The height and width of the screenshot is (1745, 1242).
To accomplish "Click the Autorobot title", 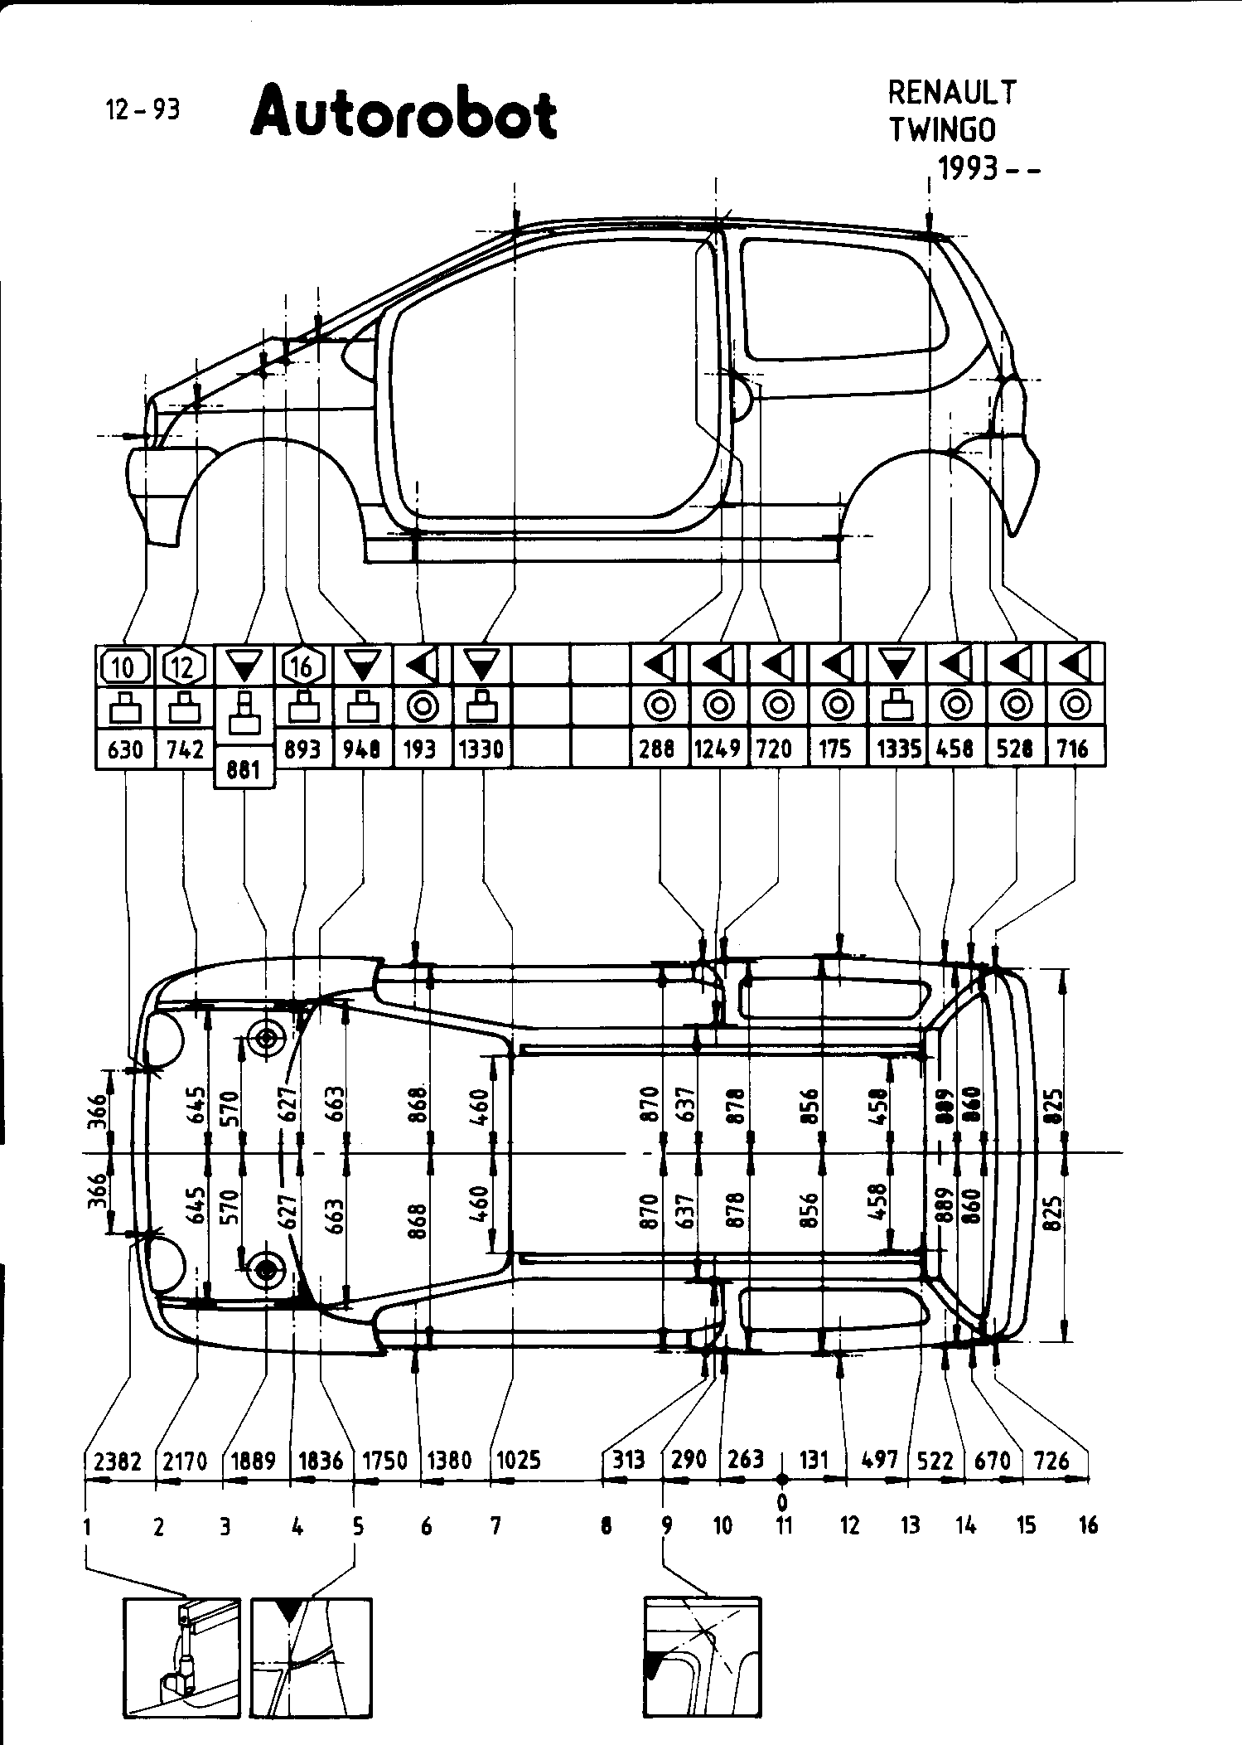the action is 404,114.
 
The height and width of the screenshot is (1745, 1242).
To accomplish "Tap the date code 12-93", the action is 143,109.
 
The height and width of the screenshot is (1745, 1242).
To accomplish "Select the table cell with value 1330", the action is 481,749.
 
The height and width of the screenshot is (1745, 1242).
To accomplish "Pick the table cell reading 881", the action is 243,770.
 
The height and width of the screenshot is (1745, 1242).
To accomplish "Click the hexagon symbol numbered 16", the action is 302,665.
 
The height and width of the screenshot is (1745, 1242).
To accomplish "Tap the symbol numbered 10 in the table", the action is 124,665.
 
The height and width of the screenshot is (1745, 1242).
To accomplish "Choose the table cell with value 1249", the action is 718,749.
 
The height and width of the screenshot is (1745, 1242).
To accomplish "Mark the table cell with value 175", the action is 835,749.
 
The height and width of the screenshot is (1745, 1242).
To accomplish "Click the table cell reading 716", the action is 1075,749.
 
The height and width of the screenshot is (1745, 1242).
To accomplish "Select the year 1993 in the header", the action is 968,168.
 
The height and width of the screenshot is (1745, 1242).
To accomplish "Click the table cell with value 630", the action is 125,749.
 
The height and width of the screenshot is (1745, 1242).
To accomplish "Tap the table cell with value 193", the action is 420,749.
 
